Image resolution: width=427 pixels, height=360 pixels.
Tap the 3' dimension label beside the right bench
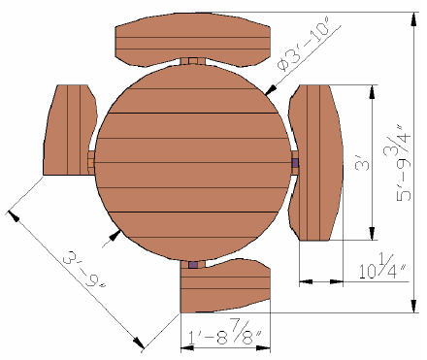[x=362, y=163]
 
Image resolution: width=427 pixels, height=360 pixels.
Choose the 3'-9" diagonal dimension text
[x=84, y=271]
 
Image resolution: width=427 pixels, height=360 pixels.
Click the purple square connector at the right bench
[x=295, y=163]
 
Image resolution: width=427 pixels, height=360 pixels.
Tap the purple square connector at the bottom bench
[x=193, y=265]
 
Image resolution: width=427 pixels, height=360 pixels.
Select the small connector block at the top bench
[x=193, y=61]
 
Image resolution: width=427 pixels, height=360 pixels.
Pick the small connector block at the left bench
[x=90, y=163]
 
